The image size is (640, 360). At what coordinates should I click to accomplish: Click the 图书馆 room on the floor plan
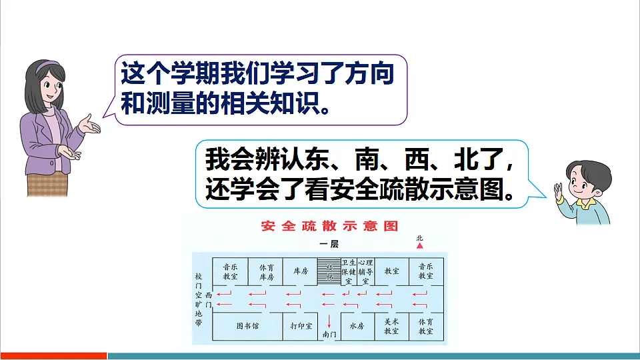tap(247, 327)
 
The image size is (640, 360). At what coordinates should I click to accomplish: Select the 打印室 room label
tap(301, 327)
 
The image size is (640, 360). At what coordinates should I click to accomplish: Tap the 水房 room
tap(357, 327)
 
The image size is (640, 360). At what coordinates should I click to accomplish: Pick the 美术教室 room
tap(391, 326)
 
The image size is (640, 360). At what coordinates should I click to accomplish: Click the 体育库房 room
tap(267, 271)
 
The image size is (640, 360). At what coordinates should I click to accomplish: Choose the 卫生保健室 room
tap(349, 272)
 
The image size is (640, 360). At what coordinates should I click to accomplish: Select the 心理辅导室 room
tap(365, 272)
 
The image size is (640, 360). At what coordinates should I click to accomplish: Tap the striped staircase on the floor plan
tap(328, 272)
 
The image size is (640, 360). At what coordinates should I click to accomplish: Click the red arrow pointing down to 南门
tap(328, 319)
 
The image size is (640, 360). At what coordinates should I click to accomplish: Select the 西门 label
tap(209, 299)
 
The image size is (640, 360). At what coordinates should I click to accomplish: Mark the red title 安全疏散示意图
tap(330, 227)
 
